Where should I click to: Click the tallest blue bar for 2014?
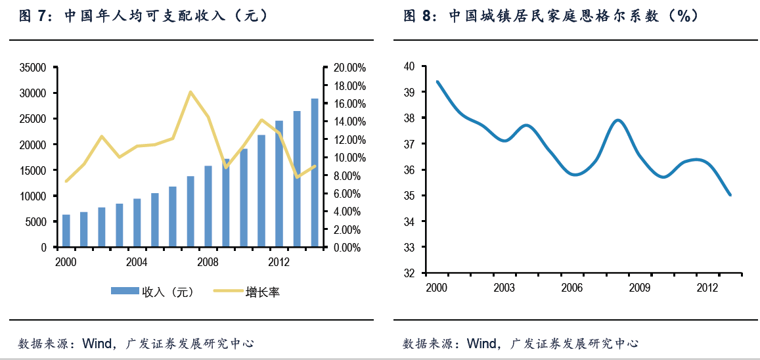tap(315, 173)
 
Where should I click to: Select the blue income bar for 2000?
tap(66, 231)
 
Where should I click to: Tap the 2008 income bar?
tap(208, 206)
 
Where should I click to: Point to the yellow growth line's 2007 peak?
tap(190, 92)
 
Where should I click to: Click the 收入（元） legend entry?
tap(152, 292)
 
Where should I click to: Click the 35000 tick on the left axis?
tap(34, 68)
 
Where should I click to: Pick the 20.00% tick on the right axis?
tap(349, 68)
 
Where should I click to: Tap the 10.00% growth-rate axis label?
tap(349, 158)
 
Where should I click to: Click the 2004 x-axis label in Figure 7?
tap(137, 262)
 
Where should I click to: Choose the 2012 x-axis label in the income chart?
tap(280, 262)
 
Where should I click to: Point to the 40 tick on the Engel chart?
tap(409, 66)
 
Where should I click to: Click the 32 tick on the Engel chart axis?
tap(409, 273)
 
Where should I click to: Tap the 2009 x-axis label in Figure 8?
tap(639, 288)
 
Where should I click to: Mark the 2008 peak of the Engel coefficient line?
tap(618, 120)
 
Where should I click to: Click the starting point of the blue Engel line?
tap(437, 81)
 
